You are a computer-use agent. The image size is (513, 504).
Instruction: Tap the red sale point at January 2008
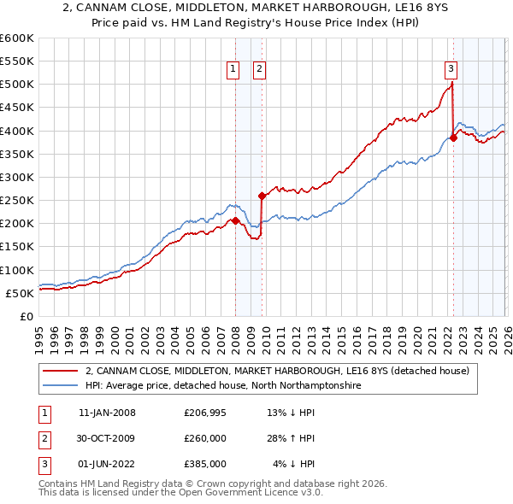click(x=235, y=220)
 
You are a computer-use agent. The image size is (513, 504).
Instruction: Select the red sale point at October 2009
click(x=262, y=196)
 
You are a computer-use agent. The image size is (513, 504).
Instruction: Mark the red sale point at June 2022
click(x=453, y=138)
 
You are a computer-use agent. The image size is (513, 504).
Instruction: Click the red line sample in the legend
click(x=62, y=372)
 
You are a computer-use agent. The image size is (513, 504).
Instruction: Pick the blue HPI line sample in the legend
click(x=62, y=386)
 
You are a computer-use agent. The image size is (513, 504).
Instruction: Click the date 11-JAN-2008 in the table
click(x=107, y=413)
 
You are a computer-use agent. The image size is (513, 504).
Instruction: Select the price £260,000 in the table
click(x=205, y=438)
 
